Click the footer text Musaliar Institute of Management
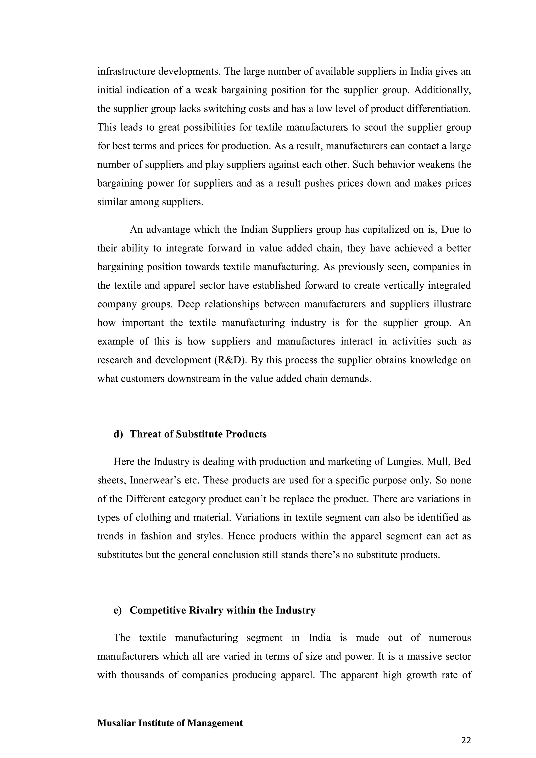tap(170, 723)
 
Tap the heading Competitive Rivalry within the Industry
tap(222, 610)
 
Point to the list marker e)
tap(118, 610)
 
